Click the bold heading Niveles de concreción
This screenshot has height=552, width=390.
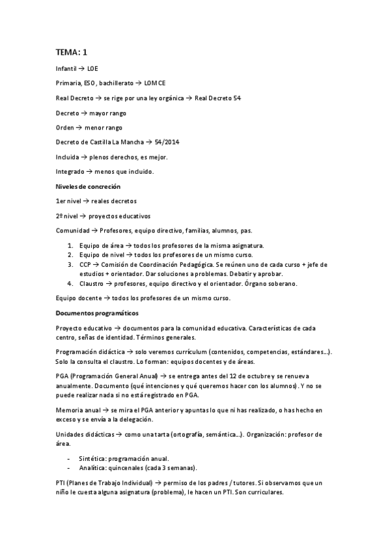pyautogui.click(x=88, y=187)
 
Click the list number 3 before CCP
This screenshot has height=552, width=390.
pyautogui.click(x=70, y=265)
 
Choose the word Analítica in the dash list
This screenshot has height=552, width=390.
pyautogui.click(x=92, y=468)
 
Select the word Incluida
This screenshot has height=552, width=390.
pyautogui.click(x=67, y=158)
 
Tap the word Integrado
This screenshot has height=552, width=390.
pyautogui.click(x=70, y=172)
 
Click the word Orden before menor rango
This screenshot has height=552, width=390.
pyautogui.click(x=66, y=128)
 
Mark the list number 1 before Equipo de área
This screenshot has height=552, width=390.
pyautogui.click(x=70, y=246)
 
